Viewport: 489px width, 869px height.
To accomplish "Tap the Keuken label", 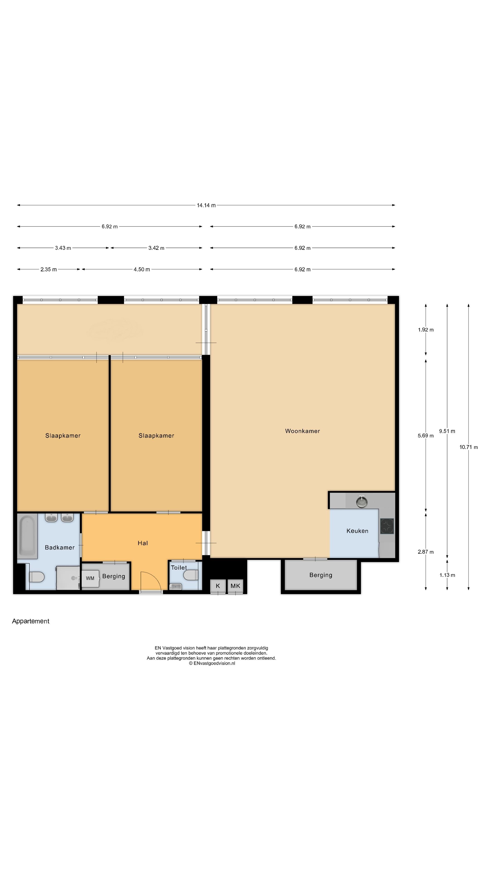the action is pyautogui.click(x=357, y=531).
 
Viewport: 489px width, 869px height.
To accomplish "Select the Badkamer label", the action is pyautogui.click(x=60, y=547).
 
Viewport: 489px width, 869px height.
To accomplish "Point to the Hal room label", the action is pyautogui.click(x=143, y=543).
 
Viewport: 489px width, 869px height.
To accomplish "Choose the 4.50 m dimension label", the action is pyautogui.click(x=142, y=269).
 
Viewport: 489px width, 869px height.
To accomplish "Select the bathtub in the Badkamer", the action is pyautogui.click(x=28, y=536).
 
